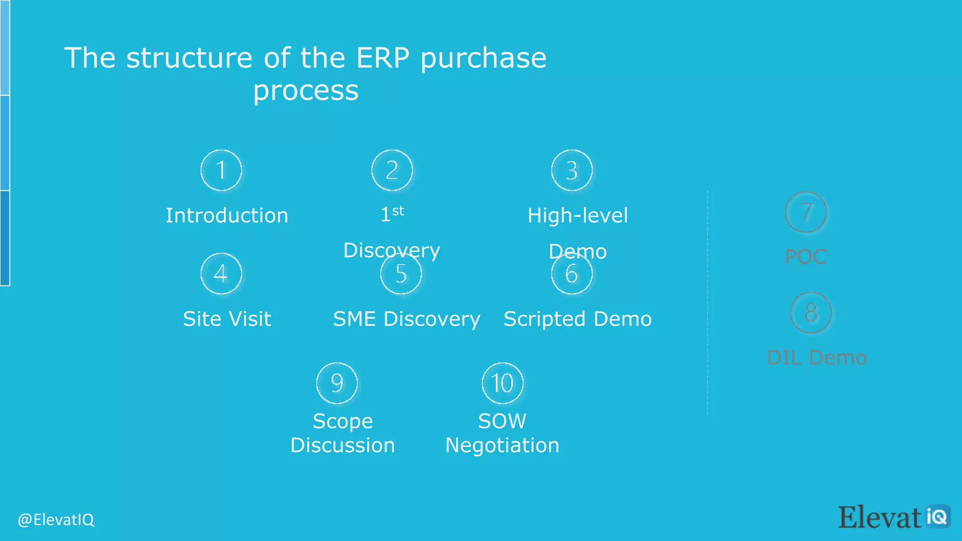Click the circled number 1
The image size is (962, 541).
(x=221, y=170)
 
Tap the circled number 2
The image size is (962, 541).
(x=392, y=170)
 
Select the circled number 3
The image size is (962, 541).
(x=572, y=170)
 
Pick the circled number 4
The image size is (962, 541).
(x=221, y=273)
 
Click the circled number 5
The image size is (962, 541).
(x=401, y=273)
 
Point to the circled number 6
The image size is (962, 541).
(x=572, y=273)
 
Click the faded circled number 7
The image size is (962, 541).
(x=806, y=212)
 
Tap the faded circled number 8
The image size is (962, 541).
(x=811, y=313)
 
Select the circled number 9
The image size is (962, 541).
(x=337, y=383)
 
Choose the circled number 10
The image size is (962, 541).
(x=503, y=383)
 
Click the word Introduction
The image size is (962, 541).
(x=227, y=216)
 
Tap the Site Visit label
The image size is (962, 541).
(x=227, y=319)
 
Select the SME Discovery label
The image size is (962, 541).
(x=406, y=319)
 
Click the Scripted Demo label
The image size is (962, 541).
(x=577, y=319)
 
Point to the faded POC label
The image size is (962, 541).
(x=806, y=256)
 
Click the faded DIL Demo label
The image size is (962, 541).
(x=816, y=358)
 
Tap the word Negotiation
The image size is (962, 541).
(x=502, y=445)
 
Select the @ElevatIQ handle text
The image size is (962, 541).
(x=56, y=520)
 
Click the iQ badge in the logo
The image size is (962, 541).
(x=938, y=517)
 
